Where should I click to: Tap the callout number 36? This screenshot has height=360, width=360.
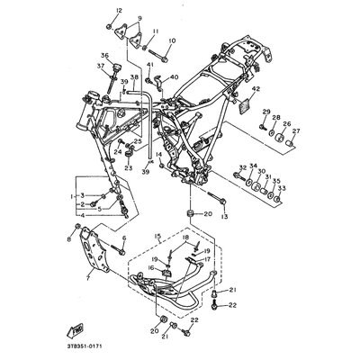104,56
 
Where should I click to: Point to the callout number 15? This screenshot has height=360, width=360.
157,237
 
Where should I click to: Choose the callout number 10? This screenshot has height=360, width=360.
172,40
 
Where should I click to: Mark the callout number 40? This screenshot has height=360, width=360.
175,77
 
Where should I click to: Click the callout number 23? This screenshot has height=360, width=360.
128,167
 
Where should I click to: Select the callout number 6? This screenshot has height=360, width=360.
123,238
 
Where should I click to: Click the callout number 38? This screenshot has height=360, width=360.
134,77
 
